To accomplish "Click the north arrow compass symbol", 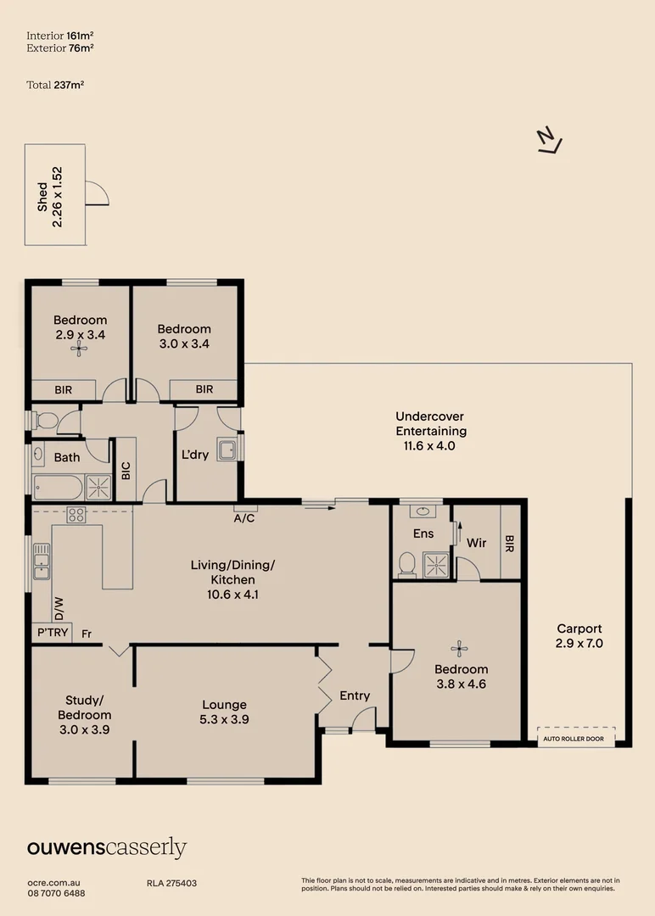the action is pos(549,142).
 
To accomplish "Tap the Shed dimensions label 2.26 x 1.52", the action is pos(57,197).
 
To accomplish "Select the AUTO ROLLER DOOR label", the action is pos(574,739).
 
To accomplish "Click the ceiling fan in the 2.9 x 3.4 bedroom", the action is pos(79,349).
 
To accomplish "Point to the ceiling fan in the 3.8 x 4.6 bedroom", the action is pos(459,648).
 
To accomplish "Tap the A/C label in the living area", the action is pos(244,518).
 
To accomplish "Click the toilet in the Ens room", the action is pos(406,564).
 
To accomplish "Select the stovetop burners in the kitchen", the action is pos(76,515).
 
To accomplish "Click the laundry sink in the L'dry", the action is pos(227,450).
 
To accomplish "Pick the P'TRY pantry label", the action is pos(53,632).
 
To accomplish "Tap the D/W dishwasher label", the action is pos(59,609).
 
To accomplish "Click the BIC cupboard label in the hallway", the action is pos(126,471).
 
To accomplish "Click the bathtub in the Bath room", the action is pos(59,488).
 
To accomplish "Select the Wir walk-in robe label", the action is pos(476,543).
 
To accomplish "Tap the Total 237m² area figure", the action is pos(55,85).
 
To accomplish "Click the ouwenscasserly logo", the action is pos(107,847).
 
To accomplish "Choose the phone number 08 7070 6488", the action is pos(56,893).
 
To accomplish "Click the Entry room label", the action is pos(355,695).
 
